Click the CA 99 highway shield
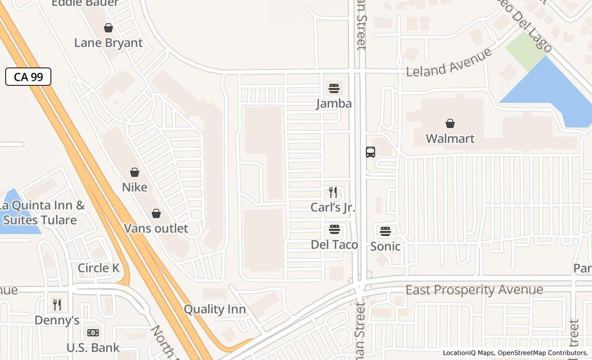tap(28, 77)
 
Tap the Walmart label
tap(450, 138)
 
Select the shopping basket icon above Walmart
tap(450, 123)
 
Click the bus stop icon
tap(371, 152)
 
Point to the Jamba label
tap(334, 103)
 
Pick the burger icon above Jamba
tap(334, 88)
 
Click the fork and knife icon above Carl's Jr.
tap(333, 192)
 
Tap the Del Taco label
tap(335, 244)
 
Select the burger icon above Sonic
tap(385, 231)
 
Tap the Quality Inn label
tap(215, 309)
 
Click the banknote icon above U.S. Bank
tap(93, 333)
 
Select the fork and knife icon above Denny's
tap(57, 305)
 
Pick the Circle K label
tap(98, 268)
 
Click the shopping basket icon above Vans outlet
tap(156, 213)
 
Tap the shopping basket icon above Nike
tap(135, 172)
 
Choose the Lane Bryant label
tap(108, 43)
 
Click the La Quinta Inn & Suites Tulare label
tap(42, 213)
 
